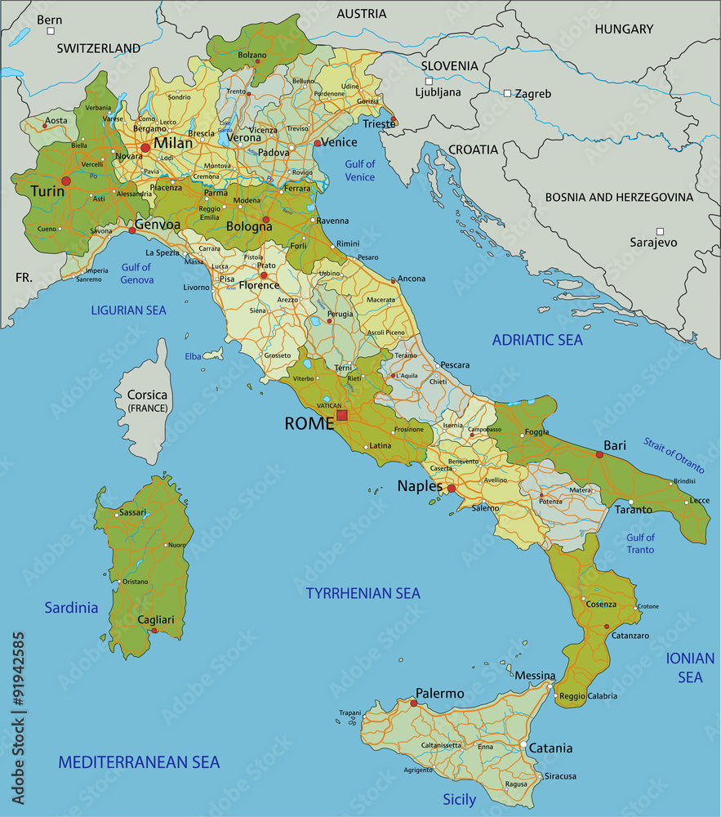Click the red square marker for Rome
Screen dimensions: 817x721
tap(342, 415)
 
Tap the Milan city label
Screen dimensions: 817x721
tap(173, 144)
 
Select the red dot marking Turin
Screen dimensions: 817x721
tap(66, 181)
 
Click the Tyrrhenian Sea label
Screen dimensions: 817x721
tap(363, 593)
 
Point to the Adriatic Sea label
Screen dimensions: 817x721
tap(537, 340)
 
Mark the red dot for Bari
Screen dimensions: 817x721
tap(600, 454)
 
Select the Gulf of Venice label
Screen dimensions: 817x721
tap(359, 171)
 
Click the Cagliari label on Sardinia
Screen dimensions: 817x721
tap(156, 620)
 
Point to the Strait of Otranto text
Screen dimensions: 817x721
tap(673, 455)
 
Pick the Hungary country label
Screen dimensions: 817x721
tap(624, 29)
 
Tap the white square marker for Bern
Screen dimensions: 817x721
tap(51, 31)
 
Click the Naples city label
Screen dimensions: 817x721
tap(420, 486)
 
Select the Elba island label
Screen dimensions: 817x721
tap(193, 356)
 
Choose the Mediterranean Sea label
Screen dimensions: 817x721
tap(139, 762)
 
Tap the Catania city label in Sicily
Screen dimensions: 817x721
tap(550, 748)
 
